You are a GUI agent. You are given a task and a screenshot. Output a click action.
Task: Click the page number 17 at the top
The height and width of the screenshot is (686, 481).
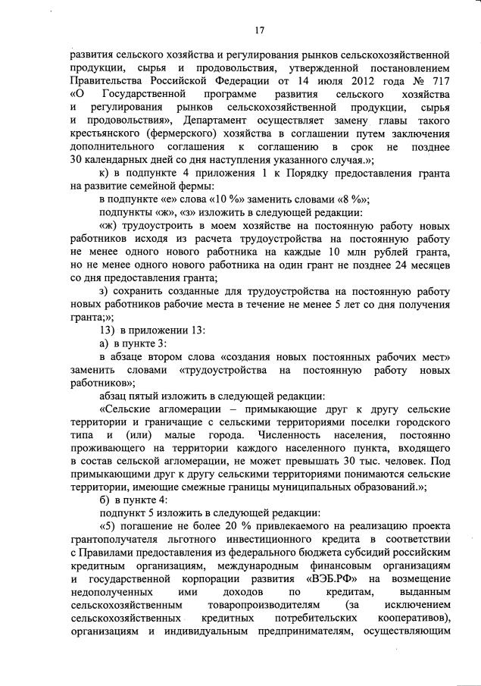(259, 30)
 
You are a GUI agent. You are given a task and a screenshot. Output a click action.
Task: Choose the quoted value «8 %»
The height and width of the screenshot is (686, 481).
(351, 199)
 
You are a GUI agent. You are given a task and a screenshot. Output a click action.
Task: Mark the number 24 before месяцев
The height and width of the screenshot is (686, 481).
(392, 265)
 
